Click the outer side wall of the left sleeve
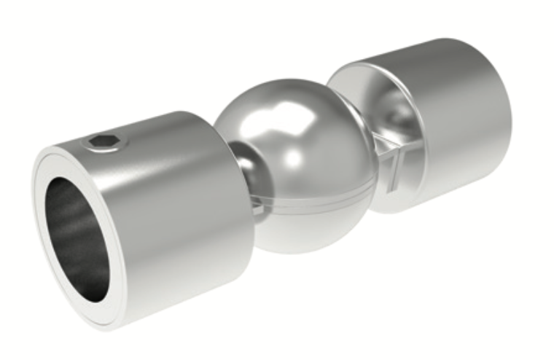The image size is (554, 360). pyautogui.click(x=182, y=219)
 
